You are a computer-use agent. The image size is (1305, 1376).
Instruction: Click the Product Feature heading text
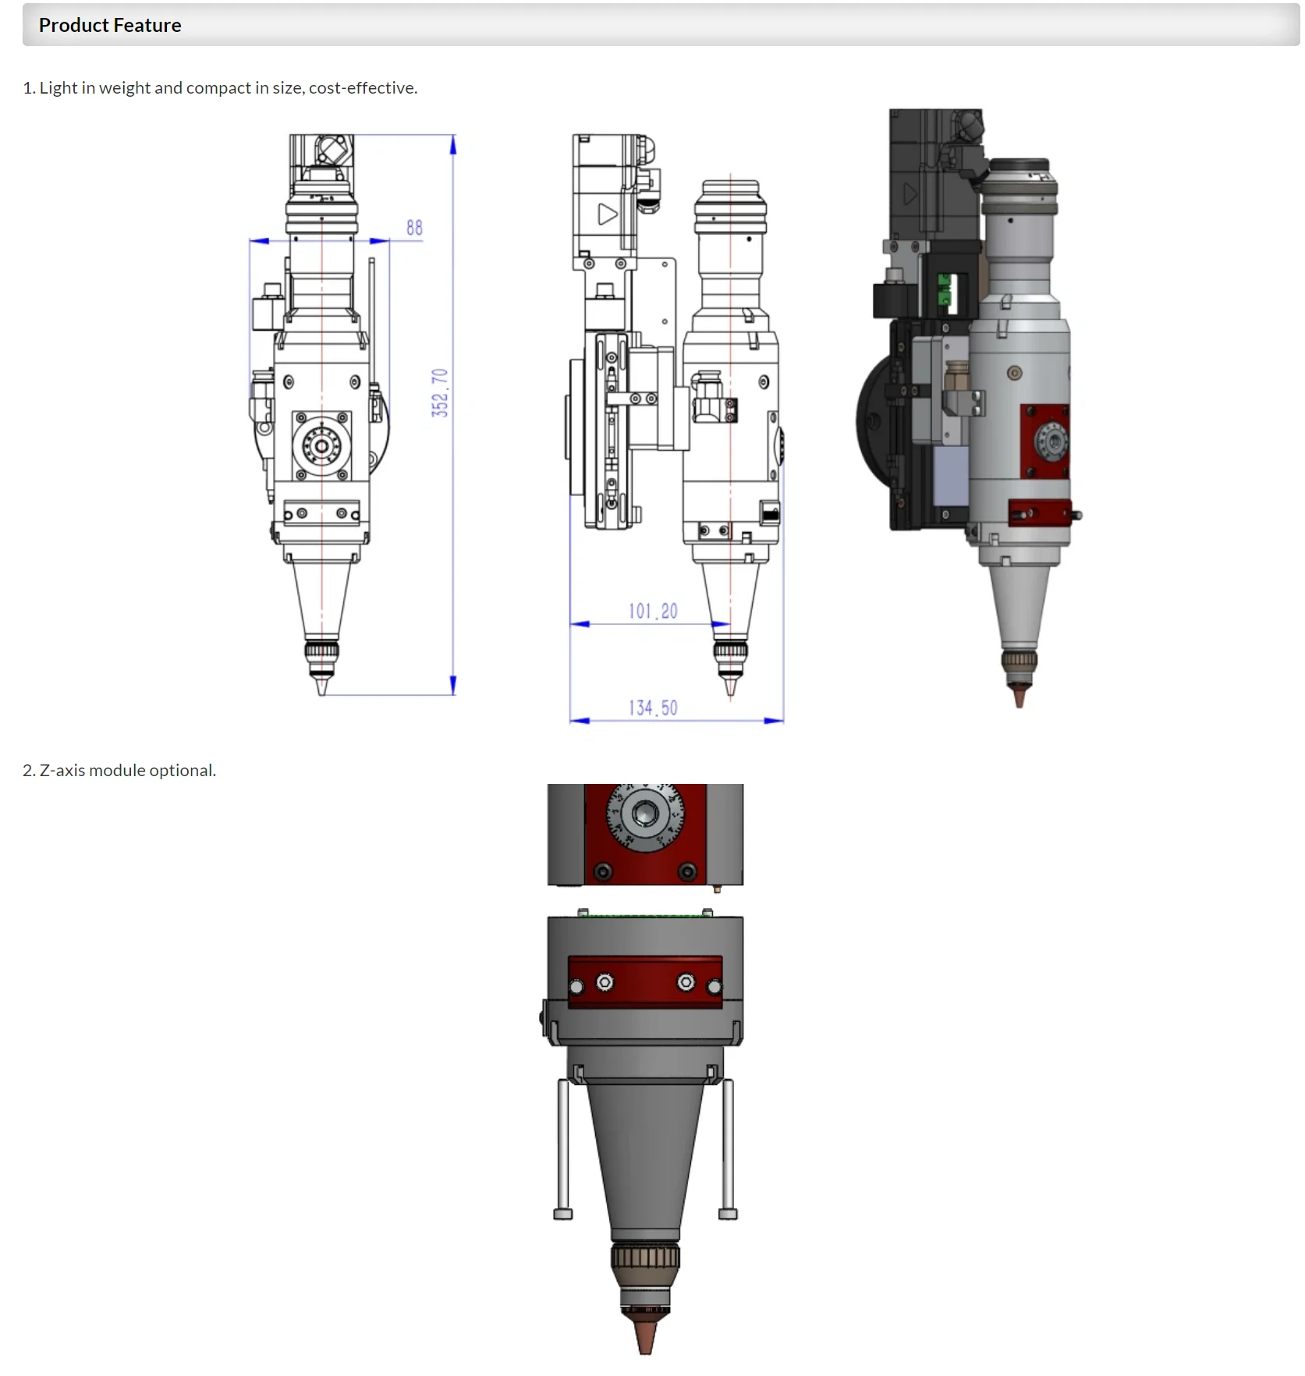110,26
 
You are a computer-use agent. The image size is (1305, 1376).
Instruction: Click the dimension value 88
414,228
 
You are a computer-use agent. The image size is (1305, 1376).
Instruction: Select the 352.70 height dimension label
440,392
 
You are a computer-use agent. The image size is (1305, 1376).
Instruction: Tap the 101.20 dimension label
653,611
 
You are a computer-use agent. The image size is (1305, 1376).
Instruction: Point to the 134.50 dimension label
653,708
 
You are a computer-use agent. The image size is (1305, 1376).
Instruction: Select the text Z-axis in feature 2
62,771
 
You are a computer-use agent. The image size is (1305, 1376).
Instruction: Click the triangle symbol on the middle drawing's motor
607,214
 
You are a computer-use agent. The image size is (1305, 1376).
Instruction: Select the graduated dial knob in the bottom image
645,815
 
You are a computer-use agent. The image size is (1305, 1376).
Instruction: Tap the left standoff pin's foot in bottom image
563,1214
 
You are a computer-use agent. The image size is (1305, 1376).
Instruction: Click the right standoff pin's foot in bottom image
728,1214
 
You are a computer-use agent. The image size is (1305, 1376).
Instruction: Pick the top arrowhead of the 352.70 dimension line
453,143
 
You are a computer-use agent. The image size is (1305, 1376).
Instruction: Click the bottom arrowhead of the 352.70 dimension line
453,686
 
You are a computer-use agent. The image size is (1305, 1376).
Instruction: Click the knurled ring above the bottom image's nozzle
645,1257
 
